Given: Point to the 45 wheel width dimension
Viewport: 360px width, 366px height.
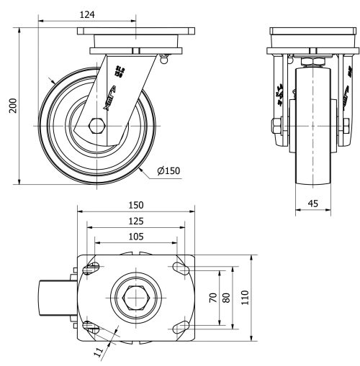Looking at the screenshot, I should tap(314, 203).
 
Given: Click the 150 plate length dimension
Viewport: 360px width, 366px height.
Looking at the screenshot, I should tap(135, 206).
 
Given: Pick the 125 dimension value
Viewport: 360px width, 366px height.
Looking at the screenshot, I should tap(135, 221).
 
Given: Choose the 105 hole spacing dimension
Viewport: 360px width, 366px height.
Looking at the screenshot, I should tap(135, 236).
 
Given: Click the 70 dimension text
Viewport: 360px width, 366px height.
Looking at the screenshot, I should tap(212, 298).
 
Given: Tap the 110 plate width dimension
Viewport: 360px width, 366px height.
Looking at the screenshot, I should tap(244, 298).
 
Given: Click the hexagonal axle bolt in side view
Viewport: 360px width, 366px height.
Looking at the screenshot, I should tap(96, 127).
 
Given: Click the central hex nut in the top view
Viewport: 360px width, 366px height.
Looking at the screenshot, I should tap(135, 298).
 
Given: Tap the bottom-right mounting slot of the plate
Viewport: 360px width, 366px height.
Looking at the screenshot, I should tap(179, 326).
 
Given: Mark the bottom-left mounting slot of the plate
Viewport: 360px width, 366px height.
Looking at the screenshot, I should tap(92, 326).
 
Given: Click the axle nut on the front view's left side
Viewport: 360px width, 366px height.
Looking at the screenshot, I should tap(277, 128).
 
